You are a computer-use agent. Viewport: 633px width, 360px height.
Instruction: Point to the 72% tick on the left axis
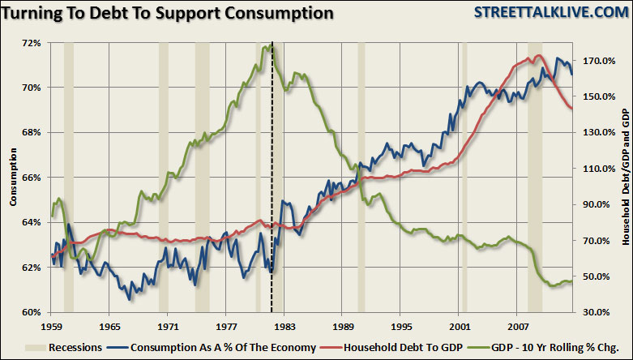[x=30, y=43]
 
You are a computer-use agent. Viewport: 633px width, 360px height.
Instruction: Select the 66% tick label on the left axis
[x=30, y=178]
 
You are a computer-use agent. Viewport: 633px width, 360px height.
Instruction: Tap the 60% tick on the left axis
[x=30, y=312]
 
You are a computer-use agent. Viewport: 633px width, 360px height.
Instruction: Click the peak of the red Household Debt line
[x=537, y=56]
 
